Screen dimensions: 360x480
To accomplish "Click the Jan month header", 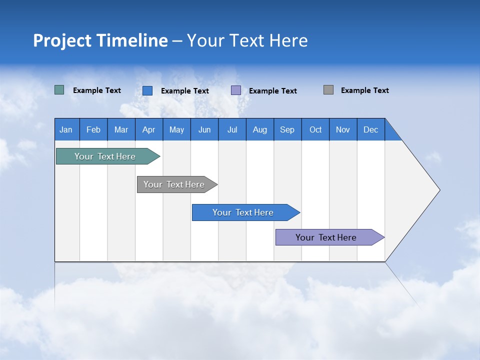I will click(x=66, y=129).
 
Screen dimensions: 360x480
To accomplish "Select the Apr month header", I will click(x=149, y=129).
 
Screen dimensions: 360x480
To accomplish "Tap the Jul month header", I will click(x=232, y=129).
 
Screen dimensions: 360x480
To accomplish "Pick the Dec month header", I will click(x=370, y=129).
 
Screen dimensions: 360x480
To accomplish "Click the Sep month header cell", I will click(x=287, y=129).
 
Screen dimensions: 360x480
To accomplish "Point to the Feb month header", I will click(x=93, y=129).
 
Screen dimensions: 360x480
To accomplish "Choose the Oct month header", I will click(x=315, y=129).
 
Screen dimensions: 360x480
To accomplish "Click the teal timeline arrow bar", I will click(x=105, y=156).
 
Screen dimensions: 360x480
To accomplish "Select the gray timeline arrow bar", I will click(x=174, y=184).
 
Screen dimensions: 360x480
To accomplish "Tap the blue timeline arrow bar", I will click(x=243, y=212).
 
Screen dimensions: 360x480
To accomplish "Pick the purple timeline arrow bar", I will click(x=326, y=237).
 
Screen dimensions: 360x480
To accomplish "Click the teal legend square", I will click(x=59, y=90).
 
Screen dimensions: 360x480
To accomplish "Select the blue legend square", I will click(x=147, y=90).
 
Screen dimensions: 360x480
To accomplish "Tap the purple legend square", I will click(x=236, y=90).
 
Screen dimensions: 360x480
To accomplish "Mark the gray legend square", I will click(x=328, y=90).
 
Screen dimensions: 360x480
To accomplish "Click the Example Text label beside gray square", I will click(x=364, y=90).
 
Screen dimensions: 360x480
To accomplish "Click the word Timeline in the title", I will click(x=131, y=40).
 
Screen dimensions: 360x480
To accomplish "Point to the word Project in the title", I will click(x=62, y=40).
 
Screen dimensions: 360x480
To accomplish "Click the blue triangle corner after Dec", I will click(x=391, y=133).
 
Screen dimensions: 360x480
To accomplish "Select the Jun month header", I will click(x=204, y=129).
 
